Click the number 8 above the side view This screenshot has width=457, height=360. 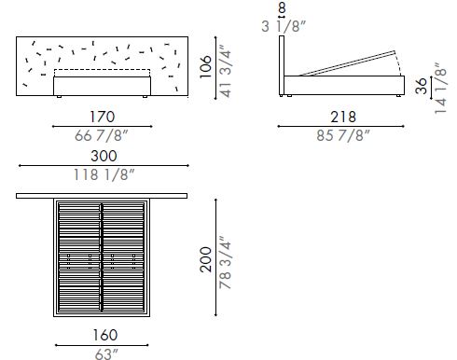pyautogui.click(x=283, y=8)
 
